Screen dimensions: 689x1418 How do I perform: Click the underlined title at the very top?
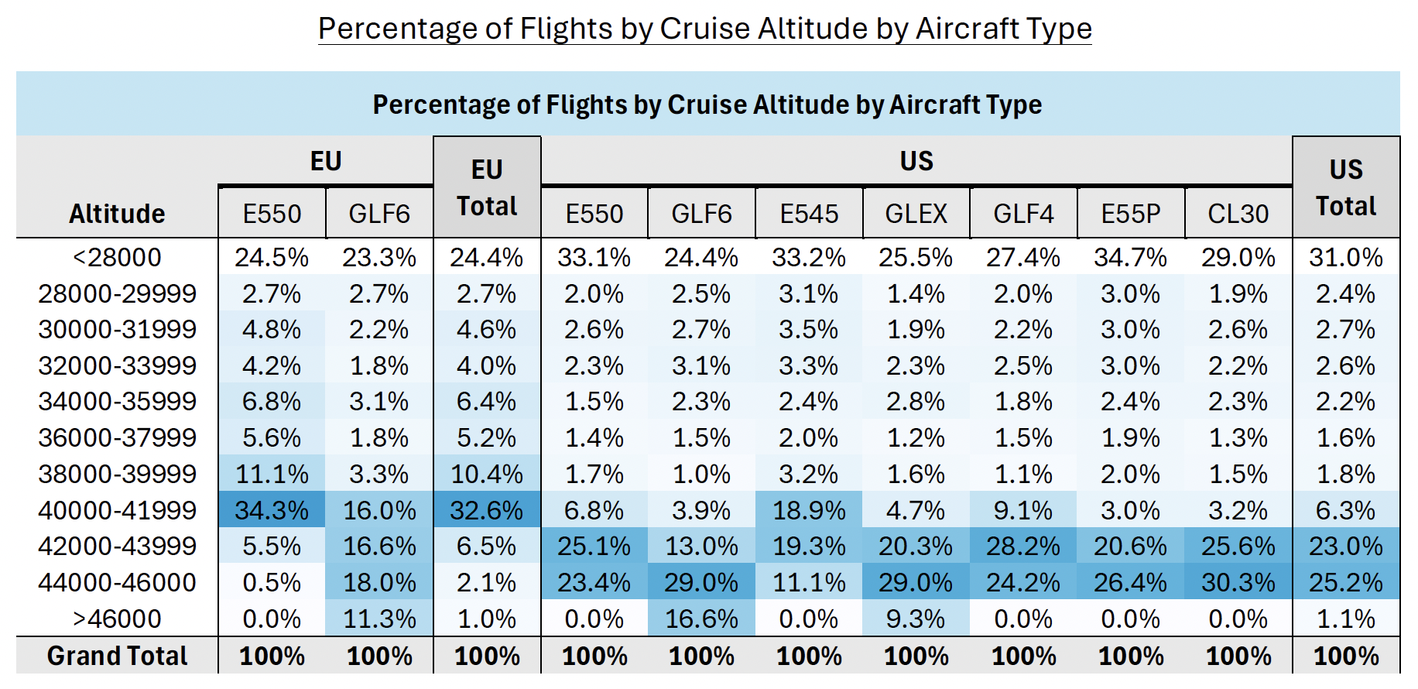(704, 29)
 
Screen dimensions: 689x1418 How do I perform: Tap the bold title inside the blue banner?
(707, 105)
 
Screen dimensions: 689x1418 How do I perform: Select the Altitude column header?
(117, 214)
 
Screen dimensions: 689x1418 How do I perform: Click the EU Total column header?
(487, 188)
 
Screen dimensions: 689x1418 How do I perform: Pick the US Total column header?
(1346, 188)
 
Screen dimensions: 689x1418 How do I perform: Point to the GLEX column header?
(916, 214)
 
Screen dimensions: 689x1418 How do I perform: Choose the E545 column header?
(809, 214)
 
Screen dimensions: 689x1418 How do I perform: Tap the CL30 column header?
(1238, 214)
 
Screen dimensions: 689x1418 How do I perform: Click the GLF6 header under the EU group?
(379, 214)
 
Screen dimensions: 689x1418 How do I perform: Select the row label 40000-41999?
(117, 510)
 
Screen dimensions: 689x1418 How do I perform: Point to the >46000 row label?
(117, 619)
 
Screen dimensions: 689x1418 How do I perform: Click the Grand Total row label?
(117, 656)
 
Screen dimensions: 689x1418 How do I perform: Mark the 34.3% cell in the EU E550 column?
(272, 510)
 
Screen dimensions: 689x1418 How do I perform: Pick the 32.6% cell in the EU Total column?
(487, 510)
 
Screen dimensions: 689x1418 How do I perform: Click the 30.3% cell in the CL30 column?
(1238, 582)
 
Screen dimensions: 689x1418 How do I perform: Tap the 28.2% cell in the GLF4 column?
(1023, 546)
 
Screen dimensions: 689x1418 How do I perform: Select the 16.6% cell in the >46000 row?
(701, 619)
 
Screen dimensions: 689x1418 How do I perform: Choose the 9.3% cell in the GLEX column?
(916, 619)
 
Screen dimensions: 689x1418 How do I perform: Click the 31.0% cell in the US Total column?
(1346, 257)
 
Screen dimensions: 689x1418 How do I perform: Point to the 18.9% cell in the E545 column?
(809, 510)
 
